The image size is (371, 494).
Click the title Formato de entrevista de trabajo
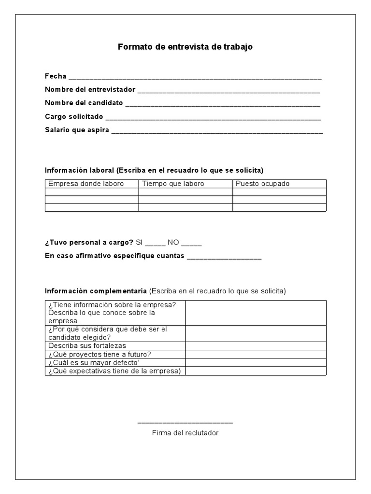(185, 47)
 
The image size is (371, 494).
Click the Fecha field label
(56, 76)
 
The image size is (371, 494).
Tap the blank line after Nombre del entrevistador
(228, 91)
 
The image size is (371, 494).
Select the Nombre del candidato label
(84, 103)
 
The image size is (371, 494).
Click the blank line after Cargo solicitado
(213, 118)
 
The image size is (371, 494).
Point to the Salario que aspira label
(77, 130)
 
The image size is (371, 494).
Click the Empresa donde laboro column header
(86, 184)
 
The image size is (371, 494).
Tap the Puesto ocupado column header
(262, 184)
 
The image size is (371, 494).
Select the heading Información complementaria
(96, 291)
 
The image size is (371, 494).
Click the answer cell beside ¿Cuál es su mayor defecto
(256, 363)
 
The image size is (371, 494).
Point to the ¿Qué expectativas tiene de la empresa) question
(114, 371)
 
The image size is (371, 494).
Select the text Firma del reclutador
(185, 433)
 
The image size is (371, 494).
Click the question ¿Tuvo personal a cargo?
(88, 243)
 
